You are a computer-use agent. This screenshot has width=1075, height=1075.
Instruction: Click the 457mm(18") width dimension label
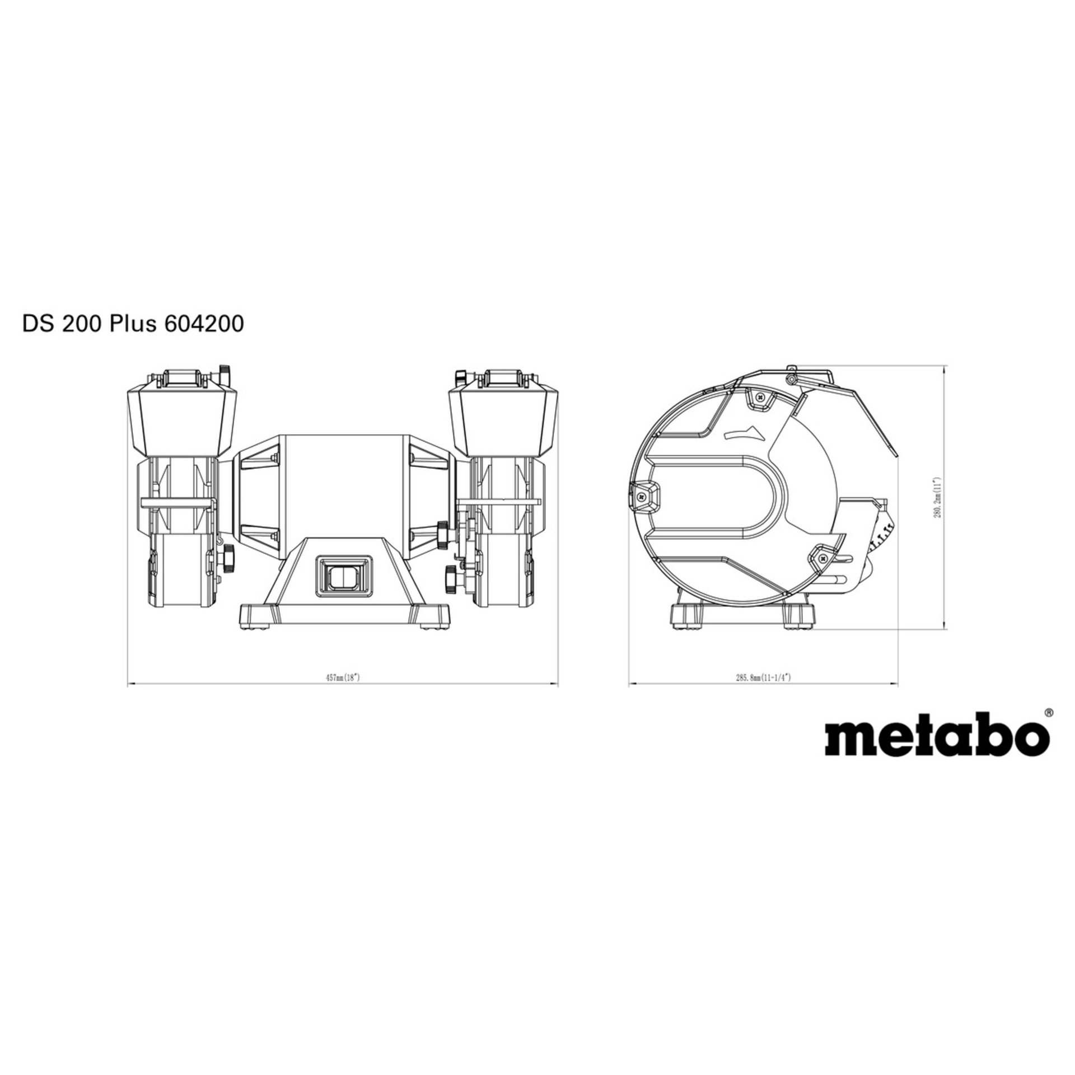tap(342, 677)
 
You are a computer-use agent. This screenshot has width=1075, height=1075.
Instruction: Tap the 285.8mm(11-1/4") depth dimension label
tap(763, 677)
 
